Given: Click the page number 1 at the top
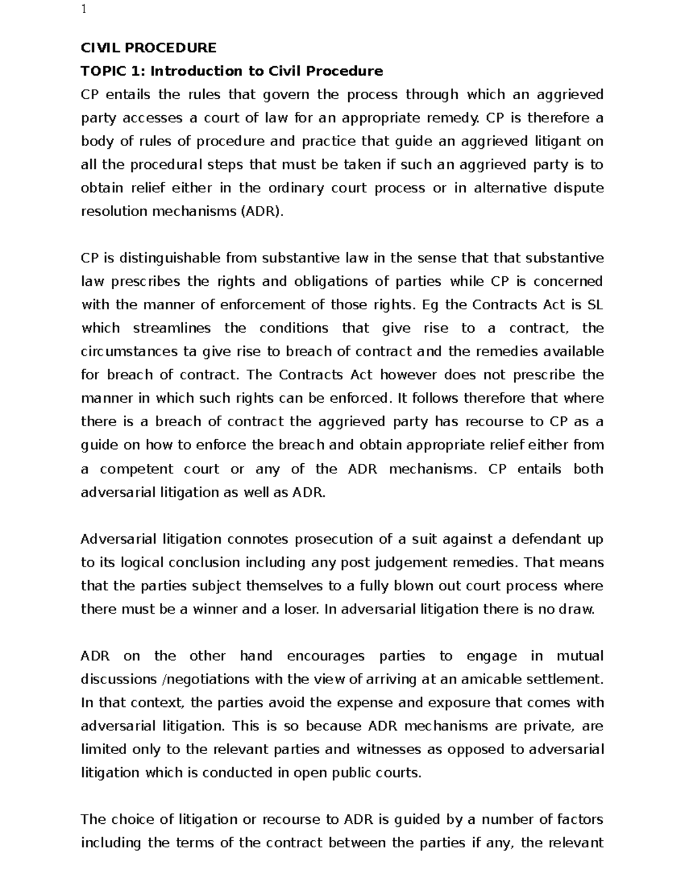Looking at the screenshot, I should pos(84,10).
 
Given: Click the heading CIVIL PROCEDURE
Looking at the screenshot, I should pos(148,47).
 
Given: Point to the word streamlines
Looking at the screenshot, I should pos(172,329).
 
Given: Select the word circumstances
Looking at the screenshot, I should pos(129,352).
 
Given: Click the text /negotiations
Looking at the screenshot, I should pos(206,679).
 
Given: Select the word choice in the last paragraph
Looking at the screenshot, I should pos(130,820).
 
